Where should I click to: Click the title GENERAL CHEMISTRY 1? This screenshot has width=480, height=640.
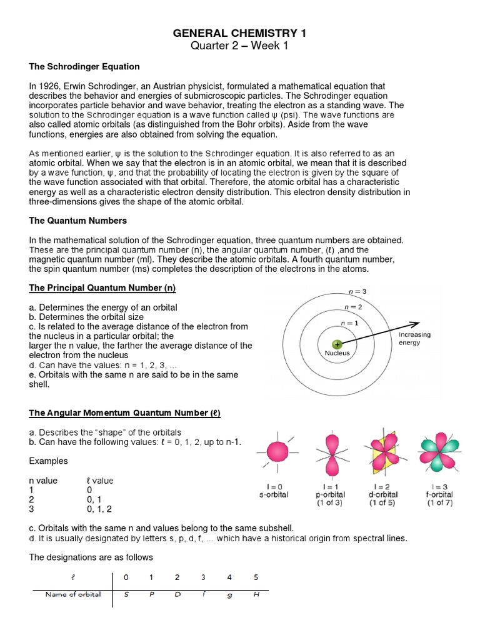239,33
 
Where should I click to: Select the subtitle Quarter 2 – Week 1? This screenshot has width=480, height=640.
239,46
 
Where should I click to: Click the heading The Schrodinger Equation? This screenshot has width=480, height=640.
84,66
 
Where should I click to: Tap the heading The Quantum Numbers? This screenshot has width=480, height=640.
78,221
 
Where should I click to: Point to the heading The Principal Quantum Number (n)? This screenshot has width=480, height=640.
102,288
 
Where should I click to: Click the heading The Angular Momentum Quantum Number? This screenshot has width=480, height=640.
125,413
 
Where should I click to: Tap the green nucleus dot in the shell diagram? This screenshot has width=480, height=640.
337,344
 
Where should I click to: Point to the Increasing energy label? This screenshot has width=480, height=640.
414,339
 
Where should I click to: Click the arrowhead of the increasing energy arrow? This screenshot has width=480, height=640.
416,323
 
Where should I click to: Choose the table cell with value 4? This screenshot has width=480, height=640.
229,577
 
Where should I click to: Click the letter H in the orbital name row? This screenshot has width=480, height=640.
256,594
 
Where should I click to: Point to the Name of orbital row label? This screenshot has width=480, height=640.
73,594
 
